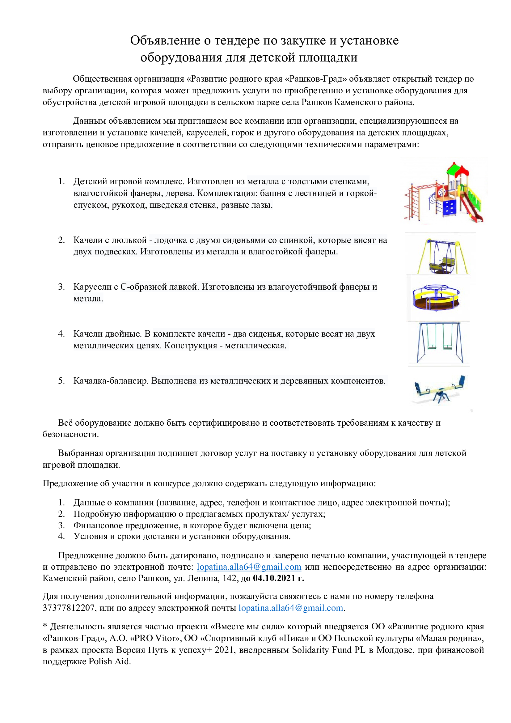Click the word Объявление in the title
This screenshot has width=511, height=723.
tap(165, 41)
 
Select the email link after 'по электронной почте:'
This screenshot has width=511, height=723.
tap(249, 567)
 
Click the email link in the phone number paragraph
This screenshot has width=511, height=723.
tap(290, 608)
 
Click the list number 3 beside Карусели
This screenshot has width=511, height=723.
tap(61, 287)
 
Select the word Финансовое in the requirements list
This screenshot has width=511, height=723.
tap(98, 525)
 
